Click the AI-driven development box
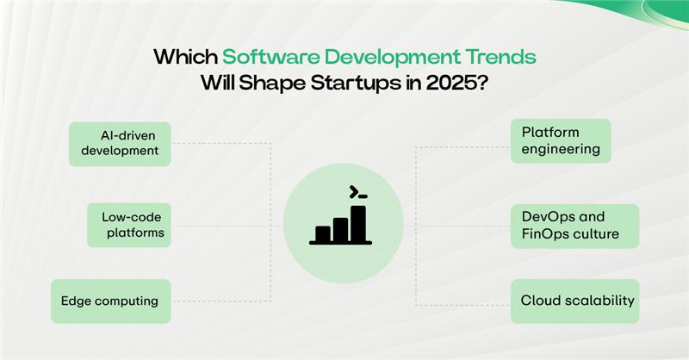pos(120,143)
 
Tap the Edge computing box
pos(110,301)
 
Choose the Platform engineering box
pos(561,140)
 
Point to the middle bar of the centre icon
pos(340,228)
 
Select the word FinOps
pos(544,234)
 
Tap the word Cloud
pos(540,301)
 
